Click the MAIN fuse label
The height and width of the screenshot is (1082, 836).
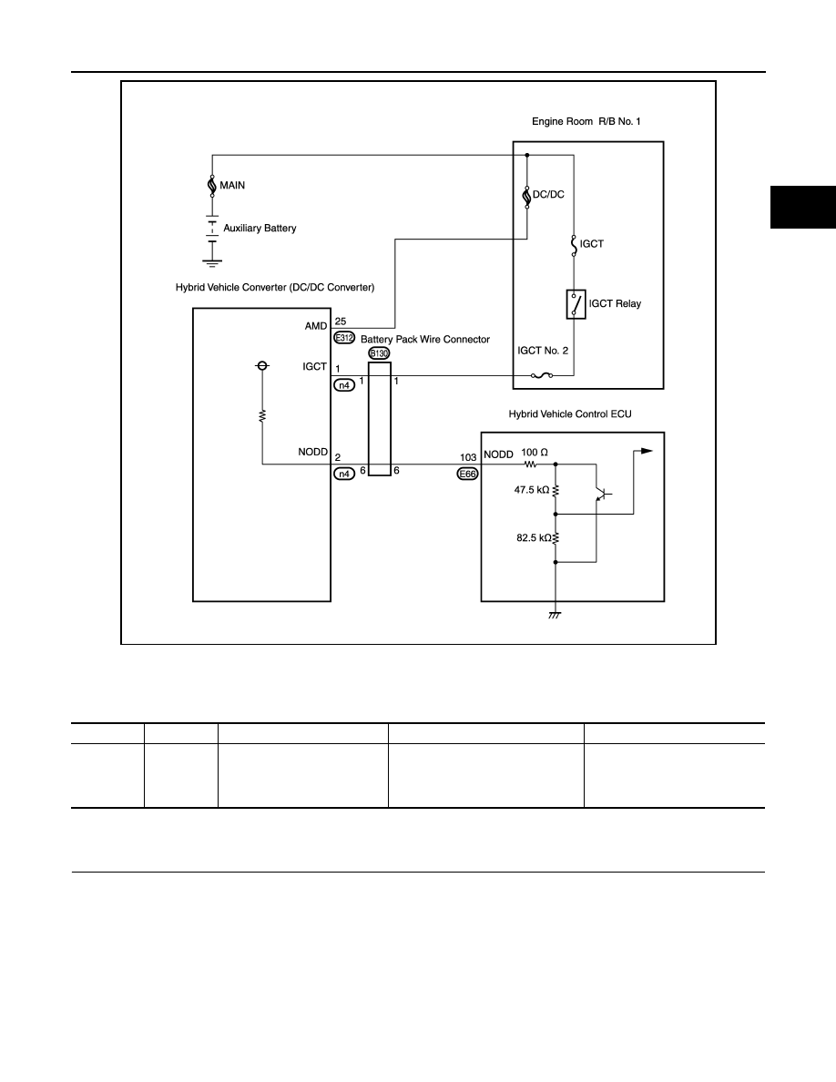(231, 186)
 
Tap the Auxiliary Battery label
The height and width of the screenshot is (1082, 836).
(260, 229)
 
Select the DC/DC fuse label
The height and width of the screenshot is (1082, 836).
(548, 195)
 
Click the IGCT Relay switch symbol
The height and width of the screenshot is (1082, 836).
(576, 304)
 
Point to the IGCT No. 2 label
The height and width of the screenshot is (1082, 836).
(543, 351)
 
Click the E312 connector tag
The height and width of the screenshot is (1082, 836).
(343, 338)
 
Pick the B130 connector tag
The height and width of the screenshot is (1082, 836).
(379, 354)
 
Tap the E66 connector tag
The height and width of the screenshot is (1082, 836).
(468, 475)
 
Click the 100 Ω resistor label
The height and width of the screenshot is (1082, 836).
(535, 453)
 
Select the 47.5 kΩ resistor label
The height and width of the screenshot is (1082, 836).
(532, 490)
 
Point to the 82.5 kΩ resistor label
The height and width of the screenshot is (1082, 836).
(535, 537)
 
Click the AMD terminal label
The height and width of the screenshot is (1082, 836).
(316, 326)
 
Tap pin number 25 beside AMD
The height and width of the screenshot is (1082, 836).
(340, 322)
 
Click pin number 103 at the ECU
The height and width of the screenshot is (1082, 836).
(468, 457)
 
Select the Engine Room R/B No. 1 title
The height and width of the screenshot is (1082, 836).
(586, 121)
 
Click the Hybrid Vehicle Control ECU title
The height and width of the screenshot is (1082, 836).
(570, 414)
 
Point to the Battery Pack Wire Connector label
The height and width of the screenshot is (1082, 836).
(425, 340)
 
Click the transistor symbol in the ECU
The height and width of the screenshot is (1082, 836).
(601, 494)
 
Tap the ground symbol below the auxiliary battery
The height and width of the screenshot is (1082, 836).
(212, 263)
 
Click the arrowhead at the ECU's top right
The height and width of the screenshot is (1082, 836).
(647, 452)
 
